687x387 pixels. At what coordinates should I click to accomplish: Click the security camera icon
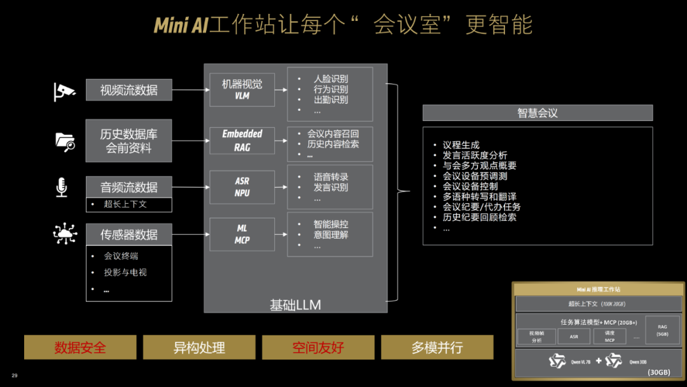coord(64,92)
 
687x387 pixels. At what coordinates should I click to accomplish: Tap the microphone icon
coord(62,187)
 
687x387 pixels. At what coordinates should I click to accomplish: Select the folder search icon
coord(65,141)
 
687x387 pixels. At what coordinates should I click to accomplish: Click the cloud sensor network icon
coord(65,234)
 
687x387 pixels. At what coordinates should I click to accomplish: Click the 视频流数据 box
coord(128,90)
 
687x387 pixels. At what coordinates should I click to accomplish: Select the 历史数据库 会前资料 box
coord(128,141)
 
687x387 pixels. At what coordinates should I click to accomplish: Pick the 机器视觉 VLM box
coord(242,90)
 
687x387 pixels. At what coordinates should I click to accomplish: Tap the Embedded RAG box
coord(242,141)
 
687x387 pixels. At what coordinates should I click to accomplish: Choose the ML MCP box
coord(242,234)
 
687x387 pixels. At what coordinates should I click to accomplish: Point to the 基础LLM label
coord(295,305)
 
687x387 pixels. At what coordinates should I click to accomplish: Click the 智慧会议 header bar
coord(538,113)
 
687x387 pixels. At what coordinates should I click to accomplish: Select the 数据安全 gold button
coord(80,348)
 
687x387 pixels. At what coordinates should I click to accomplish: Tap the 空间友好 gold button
coord(318,348)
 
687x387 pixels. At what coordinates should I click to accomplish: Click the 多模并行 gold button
coord(437,348)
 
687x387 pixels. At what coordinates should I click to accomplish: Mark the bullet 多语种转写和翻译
coord(480,197)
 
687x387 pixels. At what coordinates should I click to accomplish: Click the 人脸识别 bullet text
coord(331,79)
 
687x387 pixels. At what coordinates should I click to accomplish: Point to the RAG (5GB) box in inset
coord(662,330)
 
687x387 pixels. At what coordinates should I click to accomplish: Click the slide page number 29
coord(15,376)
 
